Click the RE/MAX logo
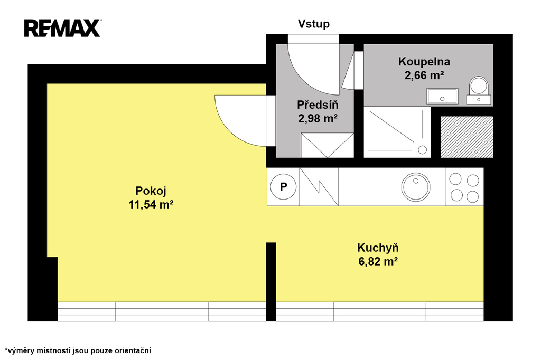pyautogui.click(x=62, y=28)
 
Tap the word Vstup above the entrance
pyautogui.click(x=314, y=24)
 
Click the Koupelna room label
pyautogui.click(x=424, y=61)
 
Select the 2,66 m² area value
pyautogui.click(x=424, y=75)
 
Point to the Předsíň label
pyautogui.click(x=318, y=105)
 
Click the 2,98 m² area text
pyautogui.click(x=318, y=119)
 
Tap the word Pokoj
pyautogui.click(x=151, y=191)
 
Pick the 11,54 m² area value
pyautogui.click(x=151, y=205)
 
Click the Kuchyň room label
pyautogui.click(x=378, y=248)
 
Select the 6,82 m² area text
pyautogui.click(x=378, y=262)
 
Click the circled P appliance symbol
pyautogui.click(x=283, y=187)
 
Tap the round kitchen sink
pyautogui.click(x=416, y=187)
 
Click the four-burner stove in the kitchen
pyautogui.click(x=464, y=187)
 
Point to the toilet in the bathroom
pyautogui.click(x=479, y=90)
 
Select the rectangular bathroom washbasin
pyautogui.click(x=442, y=96)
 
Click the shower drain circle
pyautogui.click(x=422, y=150)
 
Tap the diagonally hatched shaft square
pyautogui.click(x=467, y=137)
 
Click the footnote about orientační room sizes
pyautogui.click(x=78, y=350)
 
